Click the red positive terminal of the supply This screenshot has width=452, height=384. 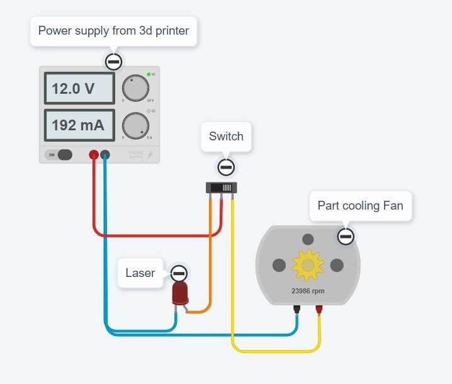[x=94, y=154]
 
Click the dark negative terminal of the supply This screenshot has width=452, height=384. [x=105, y=154]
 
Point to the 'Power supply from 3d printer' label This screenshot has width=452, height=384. [x=113, y=31]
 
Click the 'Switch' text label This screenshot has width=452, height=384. [x=226, y=137]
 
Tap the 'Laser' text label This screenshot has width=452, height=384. [x=140, y=273]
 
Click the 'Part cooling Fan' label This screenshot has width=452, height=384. [x=360, y=206]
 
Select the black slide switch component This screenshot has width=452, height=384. [x=221, y=188]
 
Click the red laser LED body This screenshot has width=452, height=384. [x=181, y=294]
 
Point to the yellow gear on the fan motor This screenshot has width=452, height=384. [x=308, y=265]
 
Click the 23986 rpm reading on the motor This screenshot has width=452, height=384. [x=308, y=291]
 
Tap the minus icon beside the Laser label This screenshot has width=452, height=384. [x=179, y=273]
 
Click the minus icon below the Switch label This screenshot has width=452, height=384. [x=226, y=167]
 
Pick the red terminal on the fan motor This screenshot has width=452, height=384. [x=319, y=308]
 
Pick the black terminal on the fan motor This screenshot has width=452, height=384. [x=297, y=308]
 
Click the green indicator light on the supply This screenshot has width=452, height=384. [x=149, y=75]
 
